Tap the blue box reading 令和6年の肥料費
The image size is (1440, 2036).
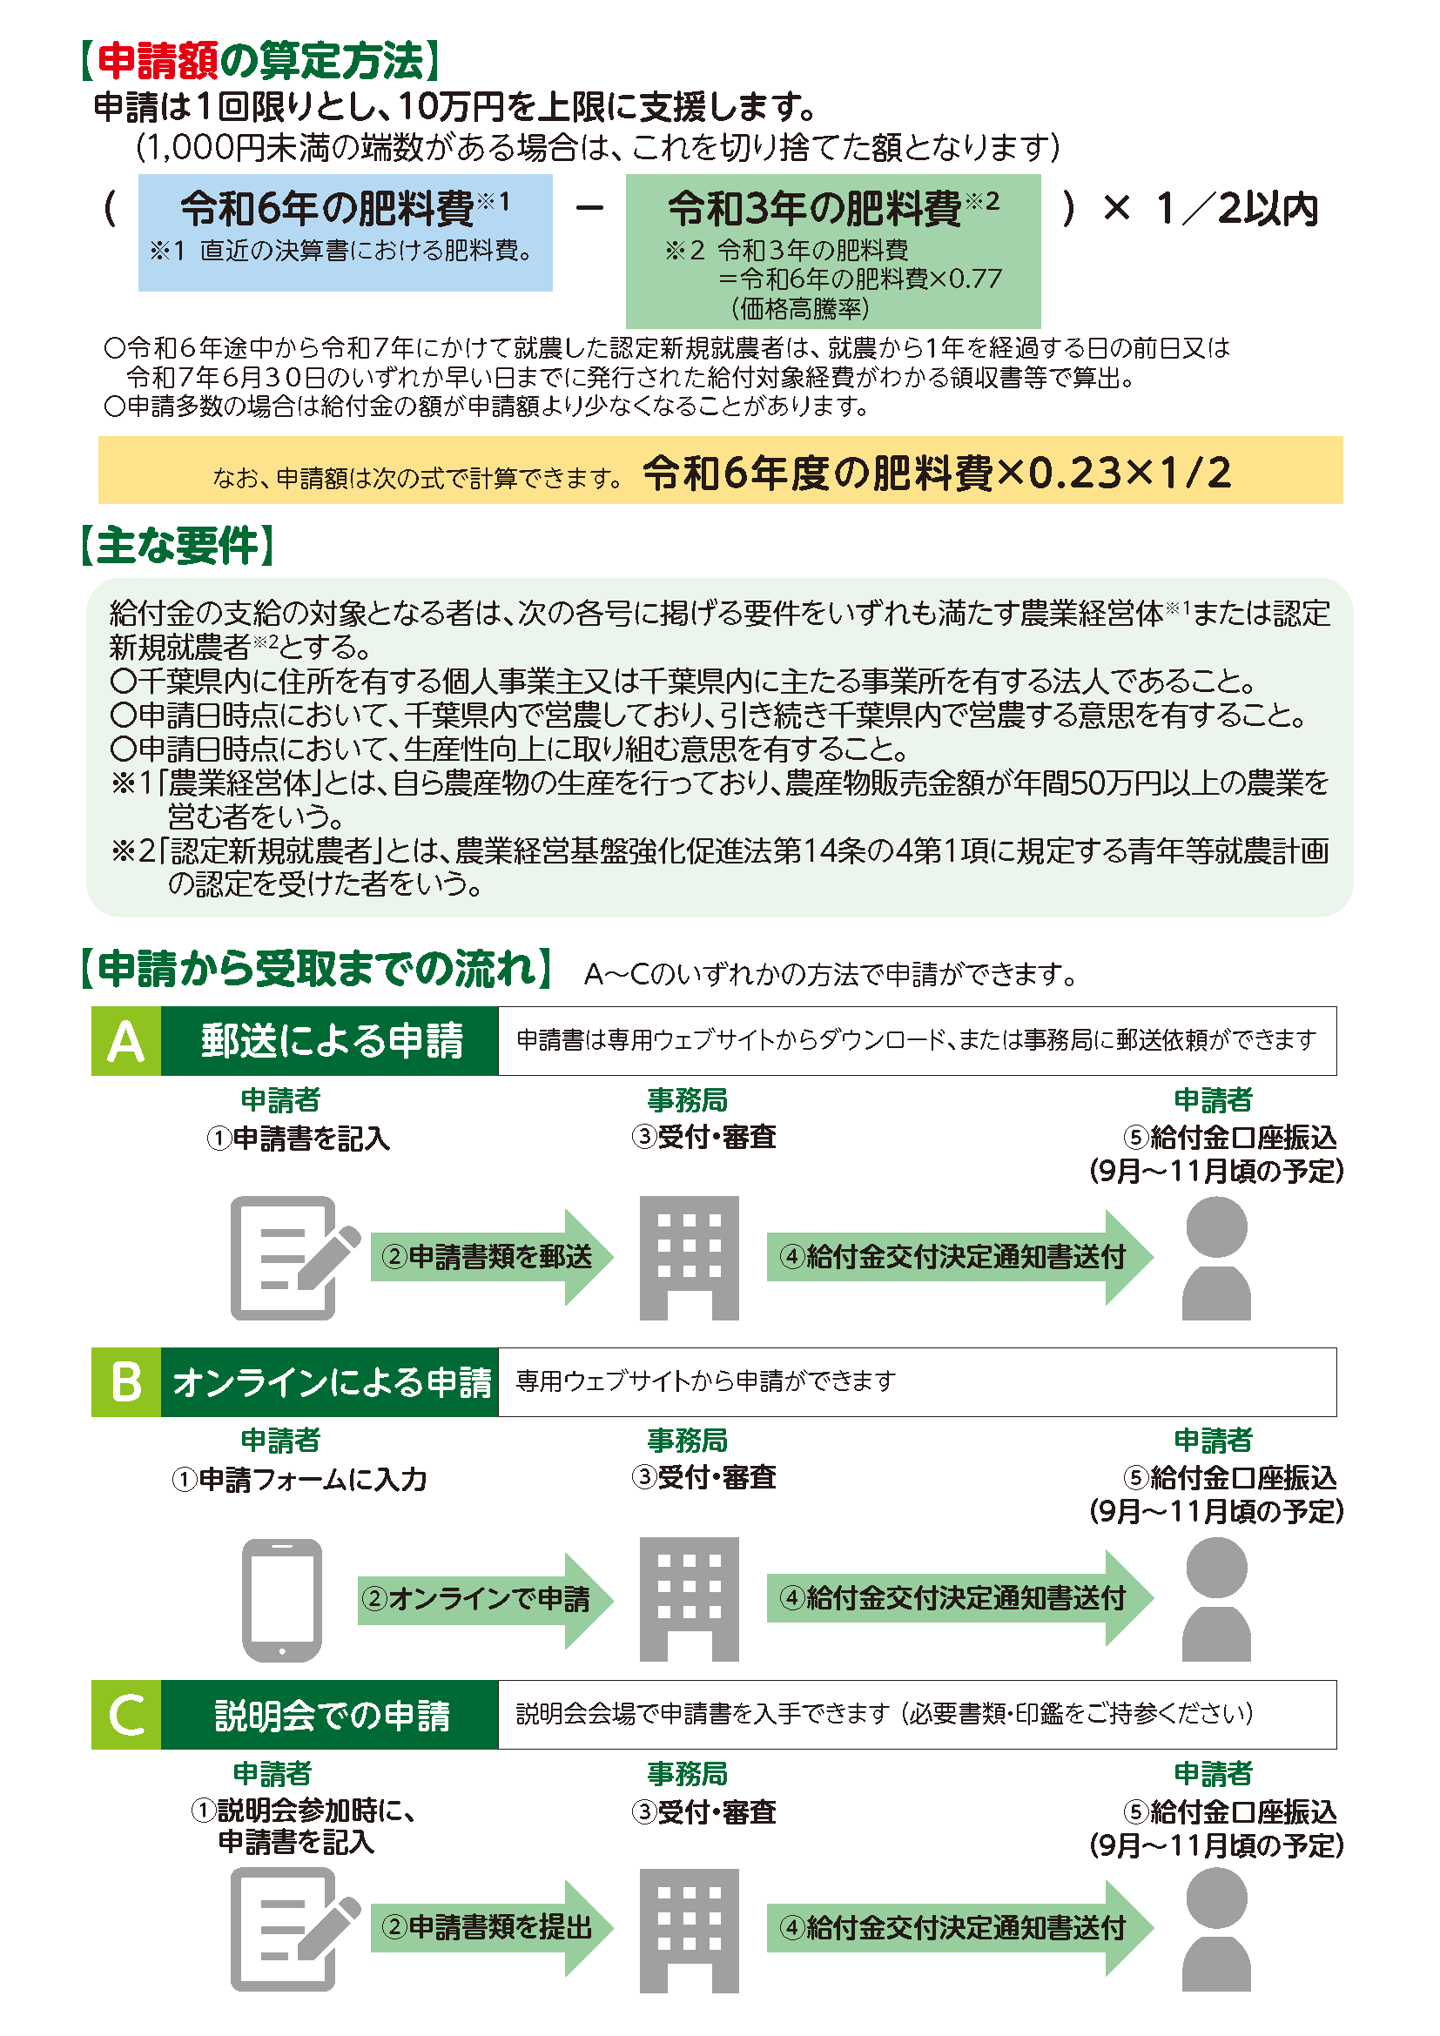[x=345, y=232]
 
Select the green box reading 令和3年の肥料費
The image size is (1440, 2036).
[x=832, y=250]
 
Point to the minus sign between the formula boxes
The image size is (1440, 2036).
[x=589, y=209]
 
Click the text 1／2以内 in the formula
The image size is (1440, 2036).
[x=1237, y=209]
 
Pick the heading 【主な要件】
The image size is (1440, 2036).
[x=177, y=546]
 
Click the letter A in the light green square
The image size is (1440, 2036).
[x=126, y=1041]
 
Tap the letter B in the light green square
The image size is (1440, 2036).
[x=126, y=1381]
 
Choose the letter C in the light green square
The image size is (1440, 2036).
[x=126, y=1714]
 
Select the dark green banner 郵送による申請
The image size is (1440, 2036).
[x=330, y=1041]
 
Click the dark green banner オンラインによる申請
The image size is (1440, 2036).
[x=330, y=1381]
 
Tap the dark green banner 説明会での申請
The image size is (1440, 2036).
[x=330, y=1714]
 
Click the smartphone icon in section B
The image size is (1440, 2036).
[x=282, y=1599]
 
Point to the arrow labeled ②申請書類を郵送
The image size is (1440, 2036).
[x=489, y=1257]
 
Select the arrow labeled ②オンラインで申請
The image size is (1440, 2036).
[x=484, y=1599]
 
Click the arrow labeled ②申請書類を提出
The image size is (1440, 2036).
[x=489, y=1927]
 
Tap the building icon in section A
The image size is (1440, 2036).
[x=689, y=1258]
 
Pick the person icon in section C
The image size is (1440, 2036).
[x=1215, y=1930]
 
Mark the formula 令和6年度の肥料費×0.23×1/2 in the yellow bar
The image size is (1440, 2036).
[x=937, y=473]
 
